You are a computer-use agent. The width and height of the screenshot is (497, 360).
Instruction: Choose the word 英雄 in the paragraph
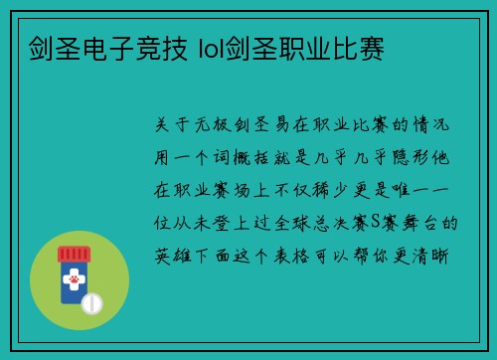coord(177,256)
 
